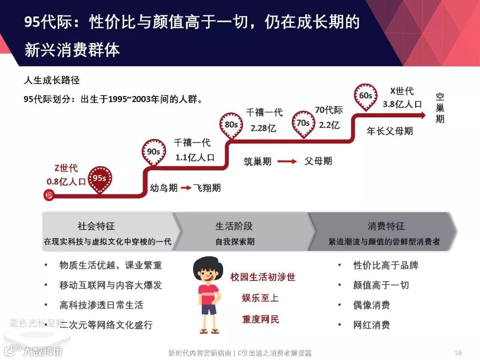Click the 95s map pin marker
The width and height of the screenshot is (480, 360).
point(100,179)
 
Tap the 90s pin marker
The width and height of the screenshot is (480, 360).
point(153,152)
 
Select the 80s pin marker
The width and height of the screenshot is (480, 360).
point(231,125)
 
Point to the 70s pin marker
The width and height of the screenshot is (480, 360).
point(303,123)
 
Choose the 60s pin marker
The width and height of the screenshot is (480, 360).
point(365,96)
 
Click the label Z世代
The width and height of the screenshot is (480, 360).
point(66,168)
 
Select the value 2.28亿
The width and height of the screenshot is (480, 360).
point(264,128)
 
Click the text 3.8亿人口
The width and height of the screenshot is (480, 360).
point(402,104)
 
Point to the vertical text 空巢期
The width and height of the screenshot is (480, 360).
point(440,108)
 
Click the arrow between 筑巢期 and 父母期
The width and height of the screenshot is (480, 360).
point(288,162)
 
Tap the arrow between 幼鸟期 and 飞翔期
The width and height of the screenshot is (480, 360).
point(186,188)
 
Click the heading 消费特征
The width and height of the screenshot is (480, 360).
point(386,226)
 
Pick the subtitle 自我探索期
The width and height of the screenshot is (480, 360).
point(235,242)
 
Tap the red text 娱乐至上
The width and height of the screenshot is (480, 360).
point(260,298)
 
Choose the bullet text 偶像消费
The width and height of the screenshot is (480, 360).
point(372,305)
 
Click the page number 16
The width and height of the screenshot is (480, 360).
point(458,352)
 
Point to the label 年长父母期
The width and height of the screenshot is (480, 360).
point(390,131)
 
